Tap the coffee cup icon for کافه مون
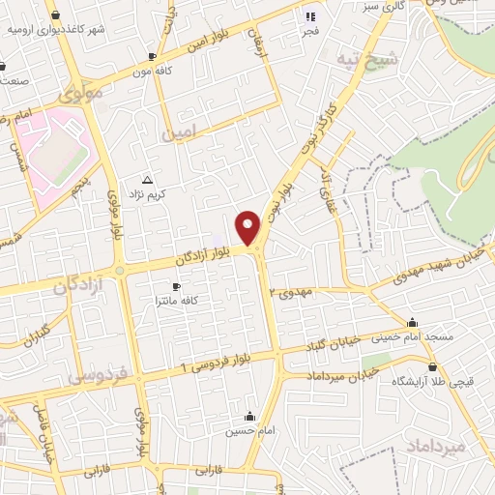coord(152,57)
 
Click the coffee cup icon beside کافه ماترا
coord(176,287)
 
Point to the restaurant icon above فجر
coord(310,15)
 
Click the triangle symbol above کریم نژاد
coord(147,180)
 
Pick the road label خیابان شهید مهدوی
coord(440,267)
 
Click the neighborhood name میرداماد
coord(465,446)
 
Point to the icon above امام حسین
coord(250,417)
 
